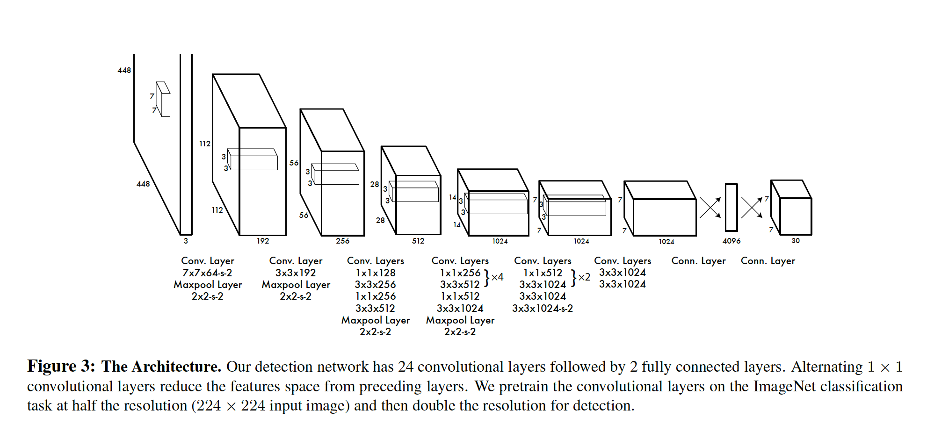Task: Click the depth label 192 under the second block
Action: [263, 241]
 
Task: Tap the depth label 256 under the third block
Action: [343, 241]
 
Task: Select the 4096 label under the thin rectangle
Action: [731, 241]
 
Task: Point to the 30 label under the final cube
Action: [796, 241]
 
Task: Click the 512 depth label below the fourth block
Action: [418, 241]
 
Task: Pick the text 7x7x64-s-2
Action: [207, 273]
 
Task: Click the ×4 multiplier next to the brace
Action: [497, 277]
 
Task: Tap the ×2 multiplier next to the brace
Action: [584, 277]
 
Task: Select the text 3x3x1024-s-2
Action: [543, 309]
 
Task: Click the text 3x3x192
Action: [296, 273]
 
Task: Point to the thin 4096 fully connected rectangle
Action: [731, 207]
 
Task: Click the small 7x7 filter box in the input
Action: [163, 99]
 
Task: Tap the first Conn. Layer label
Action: [699, 261]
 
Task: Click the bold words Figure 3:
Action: [61, 367]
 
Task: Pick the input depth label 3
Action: [186, 241]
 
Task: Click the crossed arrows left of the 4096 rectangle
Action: [710, 208]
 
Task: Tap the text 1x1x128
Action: [376, 273]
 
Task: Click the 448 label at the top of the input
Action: [124, 70]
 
